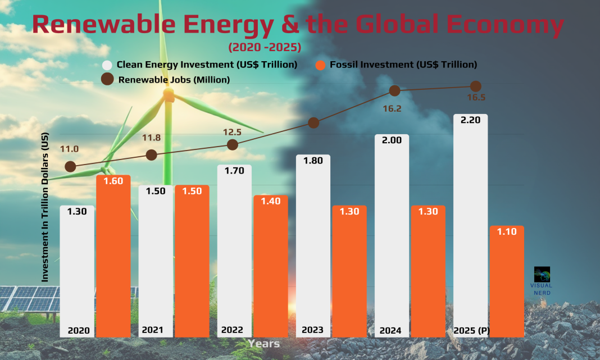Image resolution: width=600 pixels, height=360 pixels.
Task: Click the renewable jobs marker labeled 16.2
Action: [394, 90]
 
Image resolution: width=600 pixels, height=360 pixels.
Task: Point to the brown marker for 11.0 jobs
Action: [70, 167]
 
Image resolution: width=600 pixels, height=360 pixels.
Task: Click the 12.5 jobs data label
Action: [231, 132]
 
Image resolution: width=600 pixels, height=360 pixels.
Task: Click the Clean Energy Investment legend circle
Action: [107, 65]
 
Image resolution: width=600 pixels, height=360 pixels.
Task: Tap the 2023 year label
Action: [313, 330]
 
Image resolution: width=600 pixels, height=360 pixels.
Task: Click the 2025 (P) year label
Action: [471, 330]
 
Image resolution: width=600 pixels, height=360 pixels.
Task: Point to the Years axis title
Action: [264, 343]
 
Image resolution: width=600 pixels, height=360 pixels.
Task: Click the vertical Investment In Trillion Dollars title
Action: [46, 208]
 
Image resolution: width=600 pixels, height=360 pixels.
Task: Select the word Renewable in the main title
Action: [116, 25]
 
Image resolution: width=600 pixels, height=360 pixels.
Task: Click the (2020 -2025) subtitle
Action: [264, 46]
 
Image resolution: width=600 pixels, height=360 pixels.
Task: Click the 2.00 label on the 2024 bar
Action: [392, 140]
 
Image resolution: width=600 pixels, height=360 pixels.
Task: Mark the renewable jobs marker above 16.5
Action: [475, 86]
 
